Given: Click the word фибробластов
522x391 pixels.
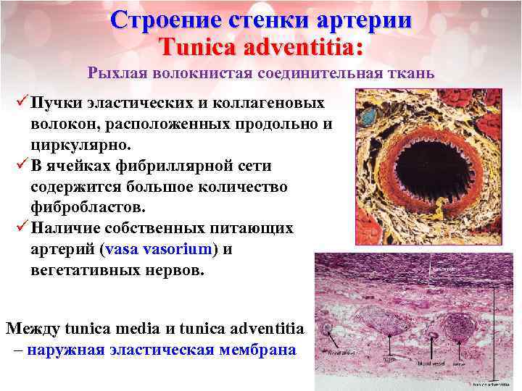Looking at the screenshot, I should (x=91, y=208).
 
